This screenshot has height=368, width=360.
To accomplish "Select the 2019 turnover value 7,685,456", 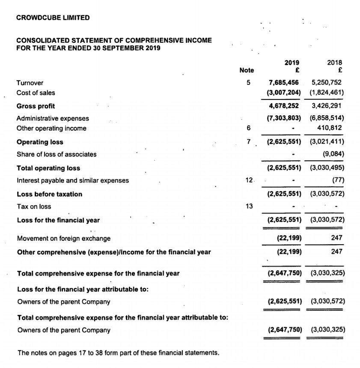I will (x=284, y=82).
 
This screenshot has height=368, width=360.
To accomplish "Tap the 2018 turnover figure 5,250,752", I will (x=327, y=82).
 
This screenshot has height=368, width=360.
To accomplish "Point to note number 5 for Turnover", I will (x=248, y=82).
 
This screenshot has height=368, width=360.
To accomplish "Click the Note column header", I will (x=247, y=70).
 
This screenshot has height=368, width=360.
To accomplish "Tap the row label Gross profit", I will (x=36, y=106).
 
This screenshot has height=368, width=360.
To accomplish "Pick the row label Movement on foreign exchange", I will (x=63, y=238).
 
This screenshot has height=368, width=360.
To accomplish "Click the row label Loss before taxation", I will (x=49, y=194).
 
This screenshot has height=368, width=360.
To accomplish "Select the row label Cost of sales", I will (x=36, y=93).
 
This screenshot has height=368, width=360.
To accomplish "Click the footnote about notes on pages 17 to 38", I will (x=118, y=353).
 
